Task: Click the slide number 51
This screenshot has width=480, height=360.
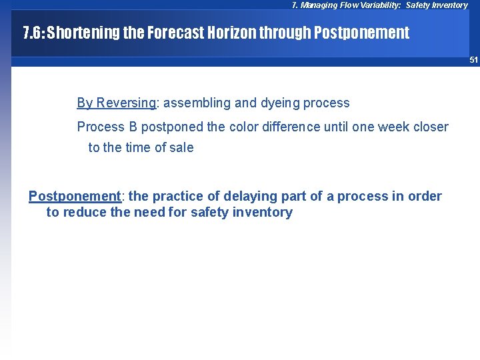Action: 473,60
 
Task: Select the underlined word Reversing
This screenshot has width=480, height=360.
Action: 125,103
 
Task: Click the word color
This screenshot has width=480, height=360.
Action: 237,127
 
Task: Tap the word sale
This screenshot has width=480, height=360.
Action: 181,147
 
